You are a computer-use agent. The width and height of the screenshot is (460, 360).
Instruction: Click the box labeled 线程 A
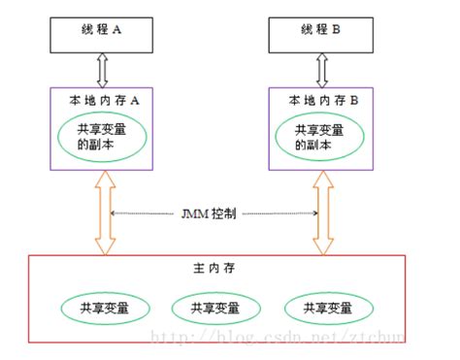(102, 31)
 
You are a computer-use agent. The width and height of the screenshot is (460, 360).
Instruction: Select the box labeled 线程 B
(319, 31)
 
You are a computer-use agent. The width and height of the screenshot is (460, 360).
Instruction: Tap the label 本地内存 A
(102, 99)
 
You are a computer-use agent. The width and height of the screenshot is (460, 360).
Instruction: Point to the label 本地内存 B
(319, 99)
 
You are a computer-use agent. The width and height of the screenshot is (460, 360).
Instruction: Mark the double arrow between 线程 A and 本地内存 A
(102, 70)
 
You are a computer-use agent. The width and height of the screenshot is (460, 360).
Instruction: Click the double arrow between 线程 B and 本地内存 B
(319, 70)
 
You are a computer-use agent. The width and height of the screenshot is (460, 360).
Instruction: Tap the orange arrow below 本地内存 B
(319, 213)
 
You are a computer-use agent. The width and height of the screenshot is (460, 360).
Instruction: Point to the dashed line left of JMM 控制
(146, 212)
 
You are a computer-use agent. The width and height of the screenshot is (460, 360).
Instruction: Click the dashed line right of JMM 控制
(281, 212)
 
